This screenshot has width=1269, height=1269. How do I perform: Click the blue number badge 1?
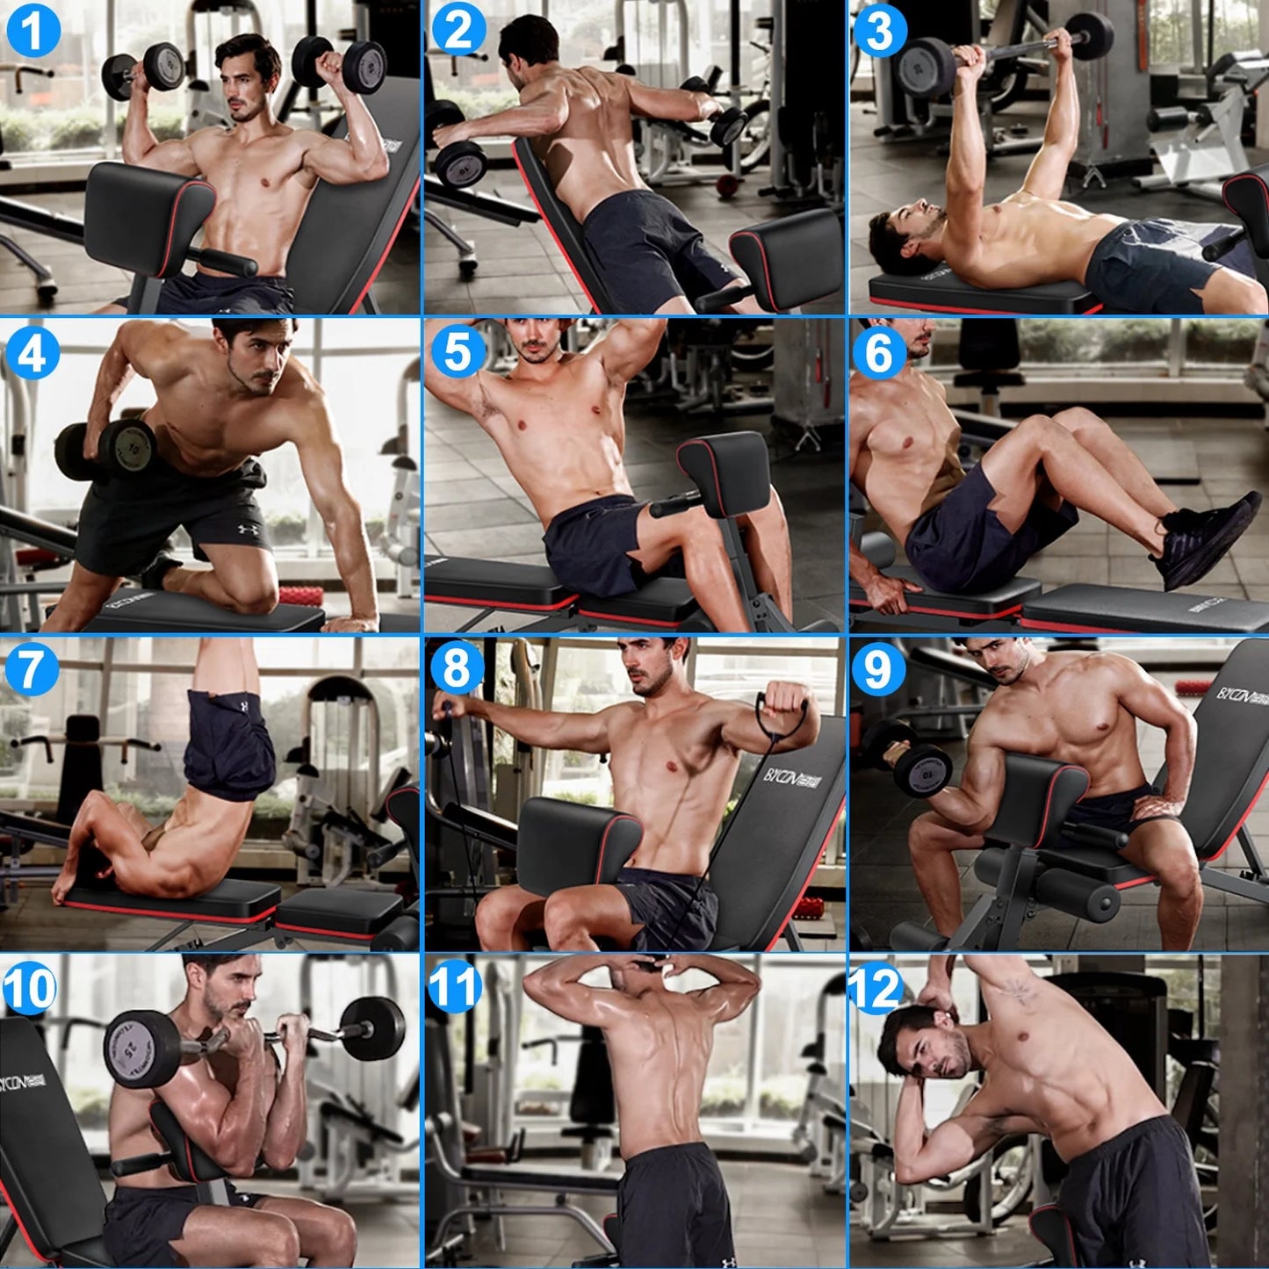[32, 31]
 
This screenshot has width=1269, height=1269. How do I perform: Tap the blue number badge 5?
[458, 351]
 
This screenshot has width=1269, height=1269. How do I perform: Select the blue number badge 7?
[31, 668]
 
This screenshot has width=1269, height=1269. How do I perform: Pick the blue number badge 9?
[877, 669]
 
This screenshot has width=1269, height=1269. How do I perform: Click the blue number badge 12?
[876, 988]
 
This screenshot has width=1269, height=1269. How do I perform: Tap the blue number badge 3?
[879, 31]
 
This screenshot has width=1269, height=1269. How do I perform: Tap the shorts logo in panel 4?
[245, 531]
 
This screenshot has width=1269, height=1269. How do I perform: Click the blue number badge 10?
[29, 988]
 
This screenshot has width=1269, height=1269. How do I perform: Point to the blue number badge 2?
[458, 31]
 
